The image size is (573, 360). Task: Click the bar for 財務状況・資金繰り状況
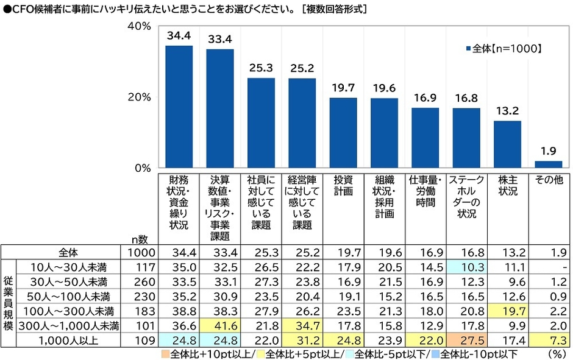[x=179, y=107]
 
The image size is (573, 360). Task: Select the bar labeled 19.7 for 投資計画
[x=343, y=132]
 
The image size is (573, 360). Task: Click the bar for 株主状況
[x=507, y=144]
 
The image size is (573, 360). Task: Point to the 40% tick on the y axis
[x=139, y=26]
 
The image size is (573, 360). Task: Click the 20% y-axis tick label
[x=139, y=97]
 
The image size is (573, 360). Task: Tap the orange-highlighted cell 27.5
[x=466, y=338]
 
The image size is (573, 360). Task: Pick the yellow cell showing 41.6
[x=219, y=324]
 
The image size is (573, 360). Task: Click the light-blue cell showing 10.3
[x=466, y=267]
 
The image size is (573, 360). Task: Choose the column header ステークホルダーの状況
[x=466, y=197]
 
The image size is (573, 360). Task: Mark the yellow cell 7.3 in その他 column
[x=548, y=338]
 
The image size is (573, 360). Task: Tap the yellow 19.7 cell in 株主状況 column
[x=507, y=310]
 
